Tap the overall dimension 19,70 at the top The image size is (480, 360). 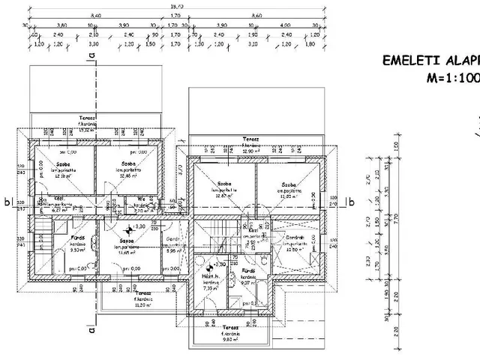176,6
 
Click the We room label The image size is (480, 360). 140,199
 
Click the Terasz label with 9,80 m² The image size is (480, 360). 229,328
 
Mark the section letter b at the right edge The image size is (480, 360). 349,200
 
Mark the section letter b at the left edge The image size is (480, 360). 6,201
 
